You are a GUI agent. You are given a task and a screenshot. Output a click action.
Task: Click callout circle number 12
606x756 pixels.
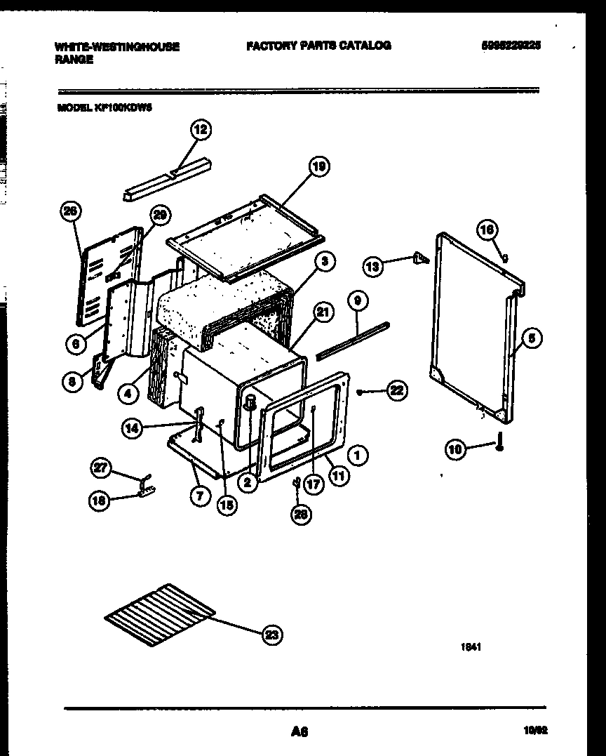point(201,130)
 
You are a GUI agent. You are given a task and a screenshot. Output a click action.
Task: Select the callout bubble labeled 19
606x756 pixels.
point(319,166)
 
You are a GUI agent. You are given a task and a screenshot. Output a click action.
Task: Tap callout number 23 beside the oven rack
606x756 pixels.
point(271,636)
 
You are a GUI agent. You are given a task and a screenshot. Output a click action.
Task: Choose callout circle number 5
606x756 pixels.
point(531,339)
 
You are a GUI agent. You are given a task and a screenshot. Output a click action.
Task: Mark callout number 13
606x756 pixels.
point(374,265)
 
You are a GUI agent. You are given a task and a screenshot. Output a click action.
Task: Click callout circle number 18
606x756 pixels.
point(100,501)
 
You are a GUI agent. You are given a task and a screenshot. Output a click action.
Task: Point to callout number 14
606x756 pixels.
point(133,429)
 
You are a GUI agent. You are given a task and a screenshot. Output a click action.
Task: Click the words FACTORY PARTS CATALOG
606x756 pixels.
point(318,46)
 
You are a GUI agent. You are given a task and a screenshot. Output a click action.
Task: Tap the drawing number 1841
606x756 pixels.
point(471,649)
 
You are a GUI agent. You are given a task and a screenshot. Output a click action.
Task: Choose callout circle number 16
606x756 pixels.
point(487,230)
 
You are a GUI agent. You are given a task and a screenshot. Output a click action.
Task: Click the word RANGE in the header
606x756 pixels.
point(74,60)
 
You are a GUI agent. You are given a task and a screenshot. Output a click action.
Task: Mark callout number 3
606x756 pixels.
point(324,263)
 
